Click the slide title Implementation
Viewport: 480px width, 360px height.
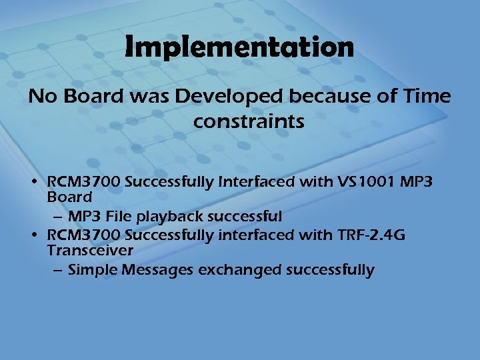click(x=239, y=47)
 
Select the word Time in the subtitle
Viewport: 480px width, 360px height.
click(x=428, y=97)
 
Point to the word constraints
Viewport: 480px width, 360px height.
click(x=249, y=122)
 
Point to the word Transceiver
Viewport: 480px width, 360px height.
click(x=90, y=251)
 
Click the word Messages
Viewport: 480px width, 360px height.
click(x=150, y=270)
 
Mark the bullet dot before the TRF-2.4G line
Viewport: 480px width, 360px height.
click(x=33, y=235)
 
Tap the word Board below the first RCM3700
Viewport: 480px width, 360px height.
click(x=69, y=197)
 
